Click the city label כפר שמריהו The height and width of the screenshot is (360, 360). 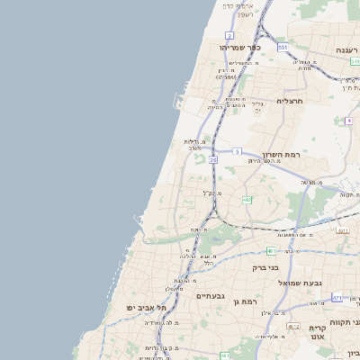239,47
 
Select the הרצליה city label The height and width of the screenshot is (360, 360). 292,101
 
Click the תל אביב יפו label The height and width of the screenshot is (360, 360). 148,308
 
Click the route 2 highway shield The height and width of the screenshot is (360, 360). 230,35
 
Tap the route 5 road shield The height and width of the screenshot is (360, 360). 237,151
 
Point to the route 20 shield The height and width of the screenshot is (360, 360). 213,159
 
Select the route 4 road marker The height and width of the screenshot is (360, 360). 348,120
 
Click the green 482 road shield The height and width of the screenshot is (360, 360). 247,200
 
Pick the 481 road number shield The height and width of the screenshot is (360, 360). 271,251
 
